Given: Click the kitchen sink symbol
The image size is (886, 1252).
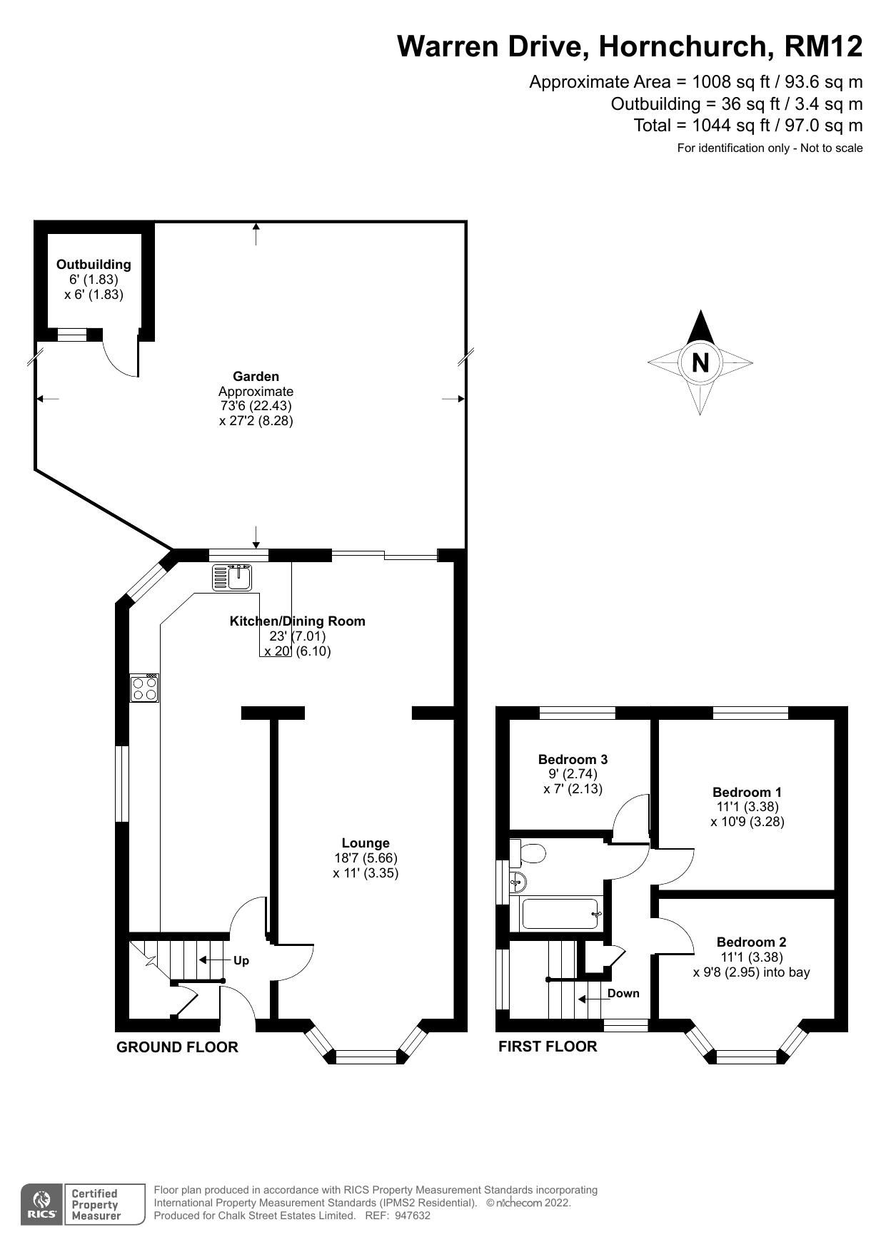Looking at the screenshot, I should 231,576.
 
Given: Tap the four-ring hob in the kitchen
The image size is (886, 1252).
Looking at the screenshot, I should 144,688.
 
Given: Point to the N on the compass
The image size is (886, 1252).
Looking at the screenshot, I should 700,363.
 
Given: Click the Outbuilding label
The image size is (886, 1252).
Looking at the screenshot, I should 94,264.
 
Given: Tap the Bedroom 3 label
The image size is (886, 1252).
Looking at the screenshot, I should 573,759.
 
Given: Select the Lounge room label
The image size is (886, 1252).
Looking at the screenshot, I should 365,843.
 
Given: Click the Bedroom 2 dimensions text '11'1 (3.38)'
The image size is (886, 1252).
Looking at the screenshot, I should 751,957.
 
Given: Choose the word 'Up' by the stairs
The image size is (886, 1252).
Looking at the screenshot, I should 241,960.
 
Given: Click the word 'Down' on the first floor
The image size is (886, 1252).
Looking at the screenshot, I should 623,993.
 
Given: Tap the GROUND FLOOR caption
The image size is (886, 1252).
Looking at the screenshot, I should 177,1047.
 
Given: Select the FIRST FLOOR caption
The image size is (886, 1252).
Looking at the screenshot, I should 547,1046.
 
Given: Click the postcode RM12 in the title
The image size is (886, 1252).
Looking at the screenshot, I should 823,46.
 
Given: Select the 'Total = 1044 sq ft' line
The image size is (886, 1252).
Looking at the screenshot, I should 747,126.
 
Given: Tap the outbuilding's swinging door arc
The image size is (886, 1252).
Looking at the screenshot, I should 118,357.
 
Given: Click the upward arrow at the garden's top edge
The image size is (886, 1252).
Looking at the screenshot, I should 256,233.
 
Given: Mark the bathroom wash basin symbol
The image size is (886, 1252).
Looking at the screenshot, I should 518,882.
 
